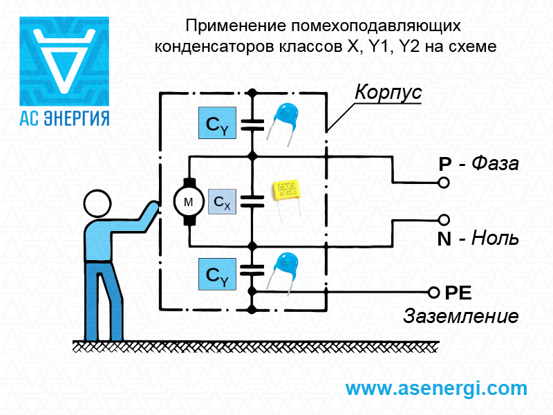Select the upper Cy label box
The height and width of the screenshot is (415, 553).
(x=216, y=125)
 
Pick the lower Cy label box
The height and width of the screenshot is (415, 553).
(x=216, y=274)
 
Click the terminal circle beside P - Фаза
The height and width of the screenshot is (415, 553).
(x=444, y=183)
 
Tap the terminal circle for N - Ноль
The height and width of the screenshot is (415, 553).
(x=444, y=221)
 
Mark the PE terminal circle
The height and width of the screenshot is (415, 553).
(x=434, y=292)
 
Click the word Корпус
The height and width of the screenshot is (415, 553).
(x=388, y=93)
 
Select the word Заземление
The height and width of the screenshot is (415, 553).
(x=461, y=317)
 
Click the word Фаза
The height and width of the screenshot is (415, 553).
(x=495, y=164)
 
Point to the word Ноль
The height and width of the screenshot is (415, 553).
(x=494, y=239)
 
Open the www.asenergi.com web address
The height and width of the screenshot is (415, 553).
(x=436, y=388)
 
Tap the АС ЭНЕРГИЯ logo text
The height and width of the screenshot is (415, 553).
(x=64, y=116)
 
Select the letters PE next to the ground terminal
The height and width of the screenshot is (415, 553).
(x=458, y=293)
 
